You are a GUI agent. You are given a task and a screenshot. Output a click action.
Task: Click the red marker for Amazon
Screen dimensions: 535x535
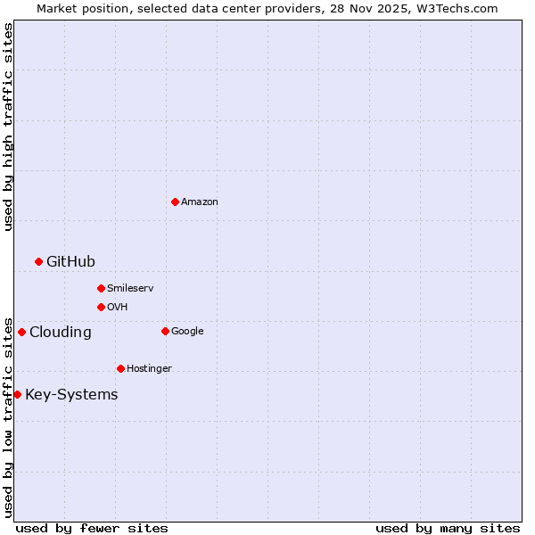(x=175, y=202)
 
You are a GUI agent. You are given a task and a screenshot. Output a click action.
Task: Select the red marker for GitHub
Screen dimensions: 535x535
(x=38, y=261)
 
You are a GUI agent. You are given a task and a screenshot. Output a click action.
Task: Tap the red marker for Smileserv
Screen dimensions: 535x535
(x=101, y=288)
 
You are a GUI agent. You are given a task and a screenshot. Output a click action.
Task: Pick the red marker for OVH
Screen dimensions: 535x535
(x=101, y=307)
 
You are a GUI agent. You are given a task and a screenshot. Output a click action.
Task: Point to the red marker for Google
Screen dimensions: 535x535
(x=165, y=331)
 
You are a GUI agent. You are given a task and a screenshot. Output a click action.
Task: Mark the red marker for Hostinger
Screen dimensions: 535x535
(x=120, y=368)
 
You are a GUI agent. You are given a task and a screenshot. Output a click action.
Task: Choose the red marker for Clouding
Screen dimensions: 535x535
(x=21, y=332)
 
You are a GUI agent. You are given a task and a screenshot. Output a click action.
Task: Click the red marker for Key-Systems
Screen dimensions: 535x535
(x=17, y=394)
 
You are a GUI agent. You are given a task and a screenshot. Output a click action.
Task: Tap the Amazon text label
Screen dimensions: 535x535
(x=200, y=202)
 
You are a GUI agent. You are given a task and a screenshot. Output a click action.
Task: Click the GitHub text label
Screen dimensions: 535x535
(x=70, y=261)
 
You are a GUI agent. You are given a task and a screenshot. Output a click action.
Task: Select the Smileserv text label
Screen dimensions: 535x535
(x=130, y=289)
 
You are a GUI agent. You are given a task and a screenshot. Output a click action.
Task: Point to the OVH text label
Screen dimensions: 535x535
(x=117, y=308)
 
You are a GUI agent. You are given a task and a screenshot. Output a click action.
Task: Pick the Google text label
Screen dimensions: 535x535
(x=187, y=332)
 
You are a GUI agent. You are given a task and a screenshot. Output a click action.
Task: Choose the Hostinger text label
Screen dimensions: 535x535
(x=149, y=369)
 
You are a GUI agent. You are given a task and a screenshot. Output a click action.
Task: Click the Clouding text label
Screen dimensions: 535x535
(x=60, y=333)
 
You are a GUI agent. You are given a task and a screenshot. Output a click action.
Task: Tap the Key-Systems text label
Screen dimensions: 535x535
(x=71, y=395)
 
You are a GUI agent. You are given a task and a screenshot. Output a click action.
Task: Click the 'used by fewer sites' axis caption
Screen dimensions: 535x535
(x=92, y=528)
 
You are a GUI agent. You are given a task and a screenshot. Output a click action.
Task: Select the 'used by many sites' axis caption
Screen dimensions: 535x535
(x=448, y=528)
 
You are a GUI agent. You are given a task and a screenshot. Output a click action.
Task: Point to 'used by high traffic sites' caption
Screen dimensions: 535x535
(x=8, y=127)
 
